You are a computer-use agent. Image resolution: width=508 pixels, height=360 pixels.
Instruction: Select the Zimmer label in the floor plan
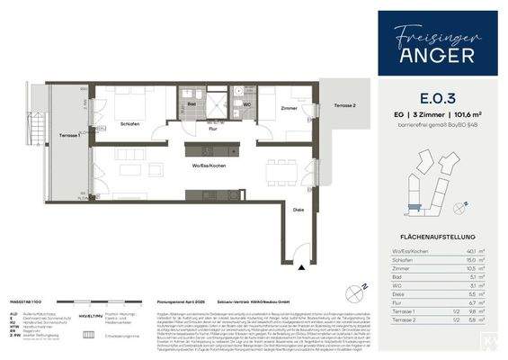point(289,108)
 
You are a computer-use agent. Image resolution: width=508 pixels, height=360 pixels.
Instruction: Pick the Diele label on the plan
point(298,209)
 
